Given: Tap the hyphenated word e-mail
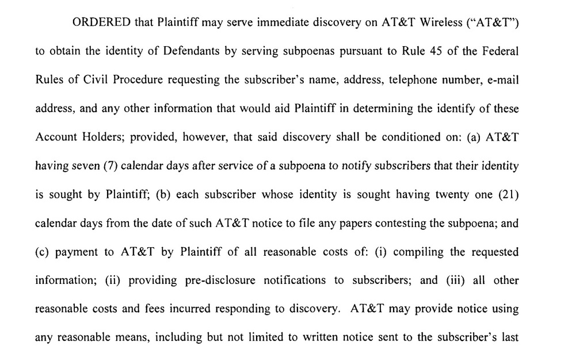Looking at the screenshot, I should (x=502, y=79).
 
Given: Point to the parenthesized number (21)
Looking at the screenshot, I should (x=509, y=195).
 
